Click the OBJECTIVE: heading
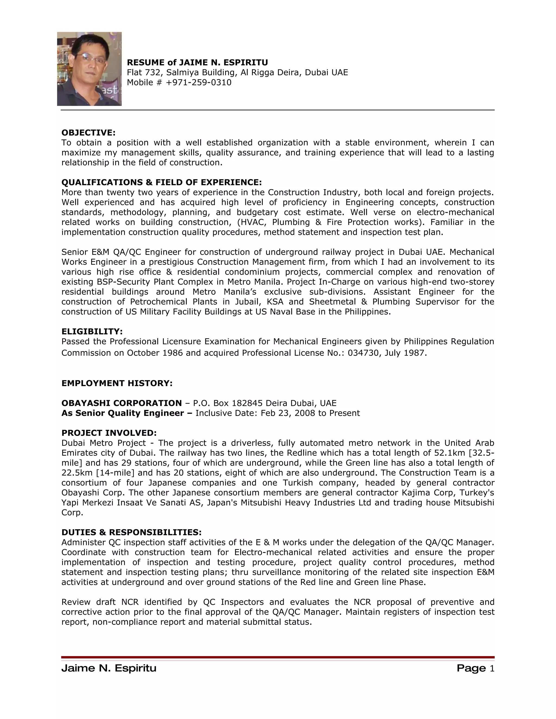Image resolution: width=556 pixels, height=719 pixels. click(x=88, y=133)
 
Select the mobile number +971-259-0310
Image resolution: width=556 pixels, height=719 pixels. click(x=199, y=82)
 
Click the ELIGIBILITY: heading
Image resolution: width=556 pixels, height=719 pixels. click(x=92, y=332)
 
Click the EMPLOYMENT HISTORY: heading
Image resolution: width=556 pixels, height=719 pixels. click(x=117, y=383)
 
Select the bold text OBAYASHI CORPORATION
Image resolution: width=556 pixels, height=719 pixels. click(x=122, y=403)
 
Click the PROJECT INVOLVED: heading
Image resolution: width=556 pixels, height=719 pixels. click(x=109, y=433)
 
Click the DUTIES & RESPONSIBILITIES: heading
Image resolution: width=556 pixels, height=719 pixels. click(x=131, y=532)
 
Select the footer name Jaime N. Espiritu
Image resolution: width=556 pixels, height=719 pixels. click(x=109, y=668)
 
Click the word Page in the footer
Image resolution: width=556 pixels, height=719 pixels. click(x=471, y=668)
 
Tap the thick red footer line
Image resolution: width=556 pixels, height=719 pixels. click(x=278, y=657)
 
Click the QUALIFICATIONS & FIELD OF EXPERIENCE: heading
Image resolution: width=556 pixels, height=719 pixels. click(x=162, y=182)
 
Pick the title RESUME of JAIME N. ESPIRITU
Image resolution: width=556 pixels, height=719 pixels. click(x=197, y=63)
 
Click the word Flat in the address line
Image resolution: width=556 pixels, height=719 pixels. click(x=135, y=72)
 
